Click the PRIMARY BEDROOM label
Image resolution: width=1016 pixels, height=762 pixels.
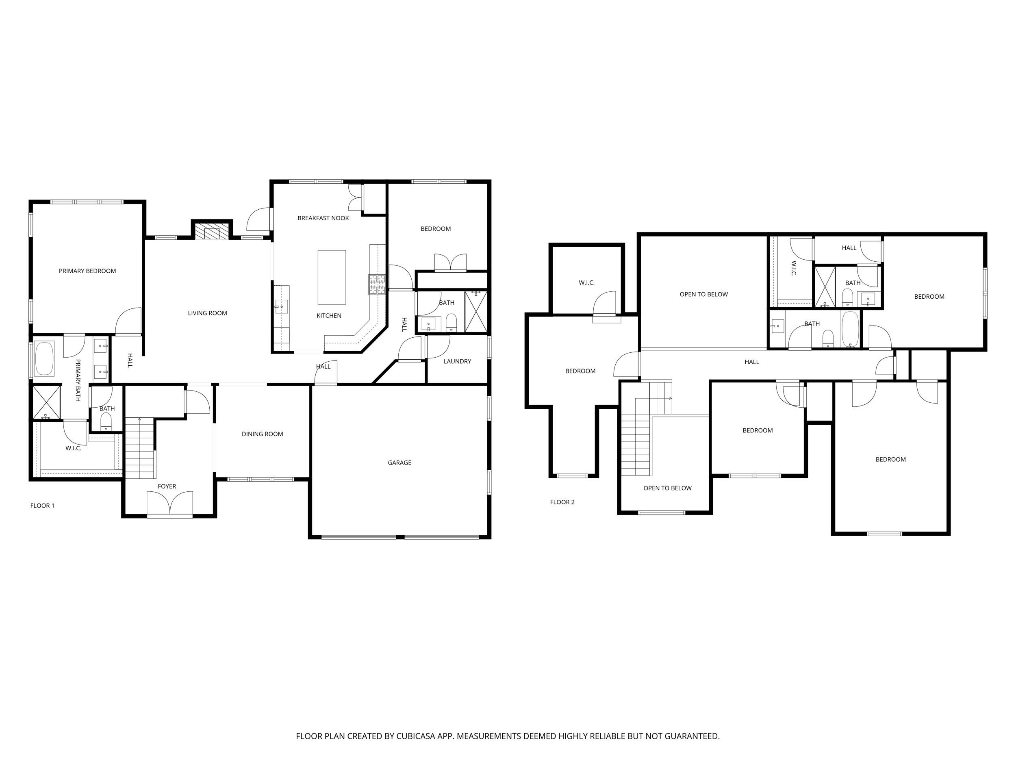tap(87, 271)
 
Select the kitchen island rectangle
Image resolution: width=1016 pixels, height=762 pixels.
tap(332, 278)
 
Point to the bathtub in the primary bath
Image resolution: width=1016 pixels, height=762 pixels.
tap(44, 359)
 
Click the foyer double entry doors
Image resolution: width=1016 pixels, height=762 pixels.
tap(170, 503)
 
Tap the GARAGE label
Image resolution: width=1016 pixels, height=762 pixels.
tap(399, 462)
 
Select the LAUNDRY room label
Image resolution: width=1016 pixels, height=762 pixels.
tap(457, 361)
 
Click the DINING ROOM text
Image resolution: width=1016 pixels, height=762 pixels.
tap(262, 434)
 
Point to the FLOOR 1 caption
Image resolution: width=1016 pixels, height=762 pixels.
tap(42, 506)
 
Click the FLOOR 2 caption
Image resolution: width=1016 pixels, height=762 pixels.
tap(562, 502)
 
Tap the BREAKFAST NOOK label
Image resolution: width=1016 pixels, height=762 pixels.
tap(323, 218)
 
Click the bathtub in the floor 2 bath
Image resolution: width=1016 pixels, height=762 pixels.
tap(850, 329)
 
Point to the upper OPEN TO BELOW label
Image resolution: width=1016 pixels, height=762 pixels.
tap(703, 294)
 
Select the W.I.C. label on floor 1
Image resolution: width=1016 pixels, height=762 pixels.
tap(74, 448)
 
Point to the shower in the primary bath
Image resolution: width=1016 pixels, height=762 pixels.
tap(47, 402)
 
